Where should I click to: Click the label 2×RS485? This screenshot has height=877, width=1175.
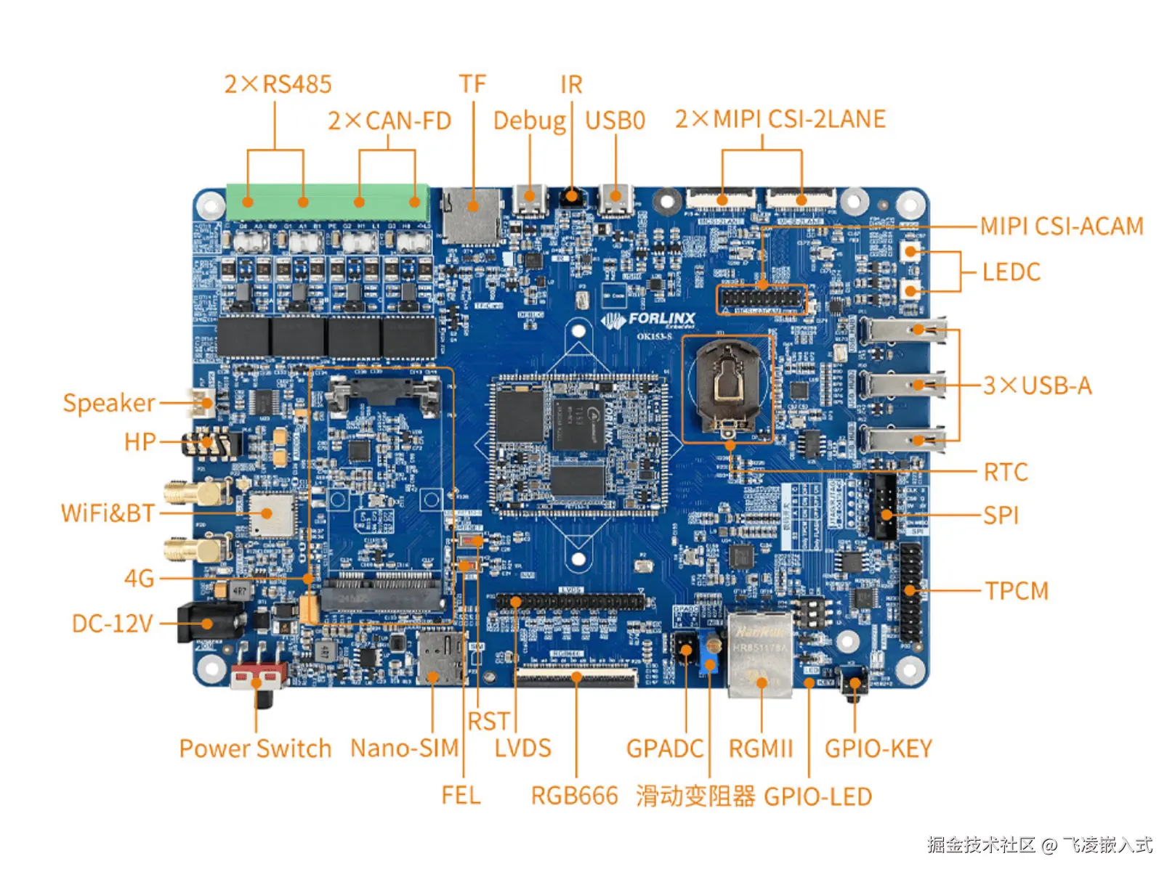click(x=278, y=84)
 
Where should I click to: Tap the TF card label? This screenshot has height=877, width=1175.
click(x=472, y=84)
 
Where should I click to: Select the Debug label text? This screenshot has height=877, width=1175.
click(x=529, y=121)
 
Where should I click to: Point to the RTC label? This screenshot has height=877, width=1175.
click(x=1006, y=473)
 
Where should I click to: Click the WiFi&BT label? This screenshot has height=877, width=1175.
click(x=108, y=513)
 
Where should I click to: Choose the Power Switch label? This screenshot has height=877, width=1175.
click(x=255, y=748)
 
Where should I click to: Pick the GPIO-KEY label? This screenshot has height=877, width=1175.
click(x=878, y=748)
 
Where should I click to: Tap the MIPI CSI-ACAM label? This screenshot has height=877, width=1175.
click(x=1062, y=227)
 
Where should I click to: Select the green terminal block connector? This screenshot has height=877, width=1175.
click(x=327, y=202)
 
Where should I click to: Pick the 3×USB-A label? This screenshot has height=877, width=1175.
click(x=1038, y=386)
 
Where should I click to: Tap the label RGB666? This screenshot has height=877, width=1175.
click(x=574, y=796)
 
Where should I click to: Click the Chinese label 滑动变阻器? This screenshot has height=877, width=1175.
click(x=695, y=796)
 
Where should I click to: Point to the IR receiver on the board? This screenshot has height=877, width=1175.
click(x=572, y=197)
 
